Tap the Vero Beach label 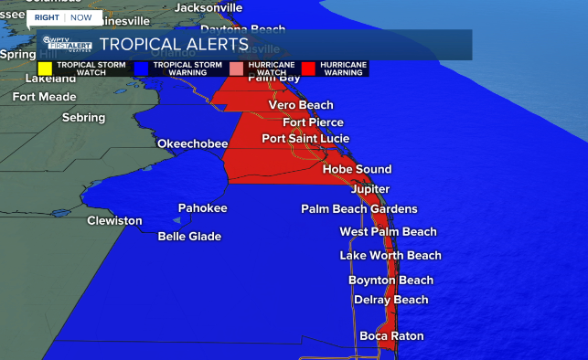tap(301, 105)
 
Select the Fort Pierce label tap(313, 122)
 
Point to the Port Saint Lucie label tap(305, 139)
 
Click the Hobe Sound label tap(357, 169)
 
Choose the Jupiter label tap(370, 189)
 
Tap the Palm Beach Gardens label tap(358, 209)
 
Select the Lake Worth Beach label tap(390, 256)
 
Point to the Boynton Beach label tap(390, 281)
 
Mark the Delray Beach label tap(390, 300)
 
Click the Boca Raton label tap(391, 336)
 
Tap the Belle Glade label tap(189, 237)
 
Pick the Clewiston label tap(114, 221)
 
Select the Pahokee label tap(202, 208)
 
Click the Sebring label tap(83, 118)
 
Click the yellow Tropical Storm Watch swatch tap(45, 69)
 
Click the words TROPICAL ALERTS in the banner tap(174, 44)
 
